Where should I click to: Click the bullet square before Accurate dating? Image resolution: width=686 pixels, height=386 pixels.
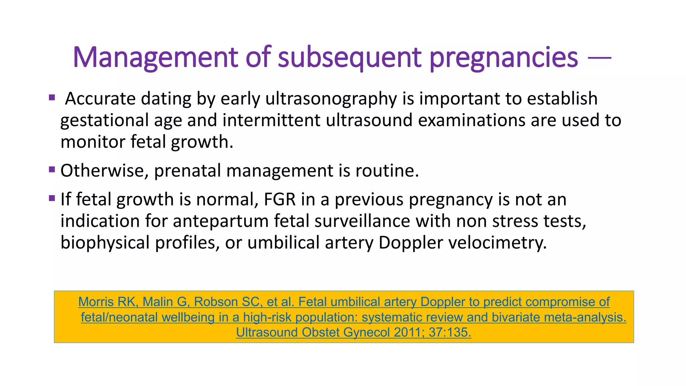click(x=52, y=98)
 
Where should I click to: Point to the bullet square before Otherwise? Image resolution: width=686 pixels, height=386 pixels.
click(x=52, y=170)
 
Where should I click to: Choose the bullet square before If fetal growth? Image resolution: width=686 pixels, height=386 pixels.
click(x=52, y=198)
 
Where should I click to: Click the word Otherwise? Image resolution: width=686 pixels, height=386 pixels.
click(x=104, y=171)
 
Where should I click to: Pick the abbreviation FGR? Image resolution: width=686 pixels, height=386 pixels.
click(x=280, y=200)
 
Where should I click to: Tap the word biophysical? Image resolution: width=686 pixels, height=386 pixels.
click(x=105, y=243)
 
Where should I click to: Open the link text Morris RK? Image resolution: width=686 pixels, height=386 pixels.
click(x=107, y=302)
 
